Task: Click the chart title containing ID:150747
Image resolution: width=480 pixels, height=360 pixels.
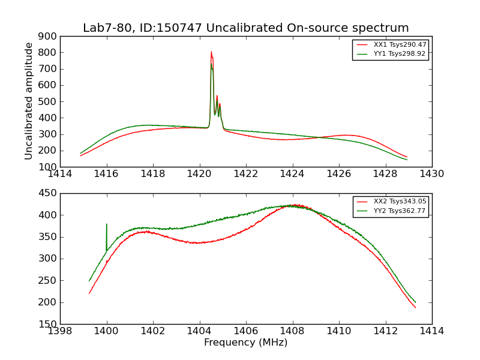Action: click(x=246, y=28)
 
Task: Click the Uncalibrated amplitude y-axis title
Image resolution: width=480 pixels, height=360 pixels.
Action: click(x=29, y=101)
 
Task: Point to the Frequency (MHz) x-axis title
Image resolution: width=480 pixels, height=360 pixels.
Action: click(x=246, y=343)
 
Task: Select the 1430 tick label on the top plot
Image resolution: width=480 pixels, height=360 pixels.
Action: click(x=431, y=174)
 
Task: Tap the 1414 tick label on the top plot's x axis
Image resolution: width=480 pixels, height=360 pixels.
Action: click(x=61, y=174)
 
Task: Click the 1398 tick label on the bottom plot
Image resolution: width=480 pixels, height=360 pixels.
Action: click(x=61, y=331)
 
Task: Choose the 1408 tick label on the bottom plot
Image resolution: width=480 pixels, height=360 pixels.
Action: click(x=292, y=331)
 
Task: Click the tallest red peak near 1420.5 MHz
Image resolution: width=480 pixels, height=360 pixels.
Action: click(x=211, y=52)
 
